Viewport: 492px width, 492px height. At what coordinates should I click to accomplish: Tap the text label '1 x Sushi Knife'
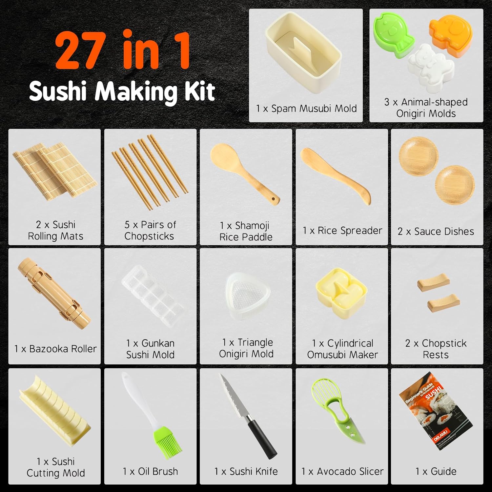[246, 471]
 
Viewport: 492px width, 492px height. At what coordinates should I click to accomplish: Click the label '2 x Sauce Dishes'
[436, 231]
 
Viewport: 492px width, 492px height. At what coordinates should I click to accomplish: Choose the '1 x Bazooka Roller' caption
[55, 349]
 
